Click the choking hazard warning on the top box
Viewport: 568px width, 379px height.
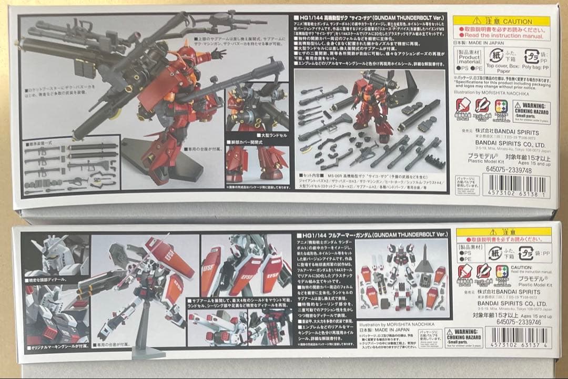(531, 112)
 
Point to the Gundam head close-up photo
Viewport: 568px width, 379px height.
(55, 251)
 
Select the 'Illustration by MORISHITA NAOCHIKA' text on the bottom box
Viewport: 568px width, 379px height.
(402, 324)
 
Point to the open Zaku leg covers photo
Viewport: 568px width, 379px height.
(257, 163)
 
